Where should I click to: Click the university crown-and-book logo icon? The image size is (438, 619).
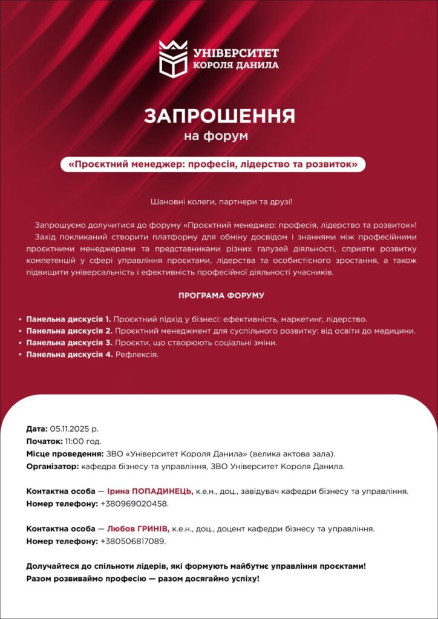pyautogui.click(x=173, y=58)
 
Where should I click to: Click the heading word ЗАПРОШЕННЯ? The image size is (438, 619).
pyautogui.click(x=219, y=115)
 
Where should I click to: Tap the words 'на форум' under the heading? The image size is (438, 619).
pyautogui.click(x=216, y=136)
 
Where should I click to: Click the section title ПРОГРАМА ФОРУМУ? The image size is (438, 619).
pyautogui.click(x=221, y=296)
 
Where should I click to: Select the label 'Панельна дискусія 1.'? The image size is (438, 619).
pyautogui.click(x=68, y=319)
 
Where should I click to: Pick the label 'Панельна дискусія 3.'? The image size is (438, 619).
pyautogui.click(x=68, y=343)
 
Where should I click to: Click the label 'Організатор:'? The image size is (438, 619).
pyautogui.click(x=53, y=467)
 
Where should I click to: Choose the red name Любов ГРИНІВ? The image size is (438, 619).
pyautogui.click(x=139, y=528)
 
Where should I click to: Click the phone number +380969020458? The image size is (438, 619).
pyautogui.click(x=134, y=504)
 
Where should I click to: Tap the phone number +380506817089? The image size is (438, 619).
pyautogui.click(x=132, y=541)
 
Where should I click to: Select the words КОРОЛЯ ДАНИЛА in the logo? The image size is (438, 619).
pyautogui.click(x=235, y=65)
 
